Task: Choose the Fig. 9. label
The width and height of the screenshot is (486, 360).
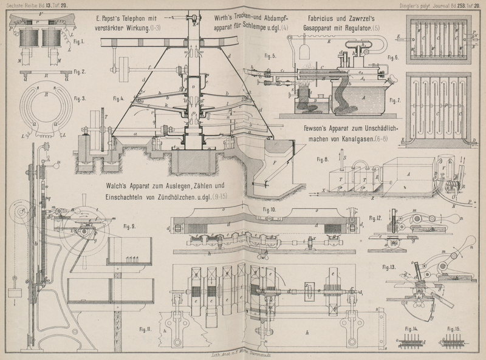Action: click(x=129, y=226)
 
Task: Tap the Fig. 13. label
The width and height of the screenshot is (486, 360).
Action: click(x=389, y=266)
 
